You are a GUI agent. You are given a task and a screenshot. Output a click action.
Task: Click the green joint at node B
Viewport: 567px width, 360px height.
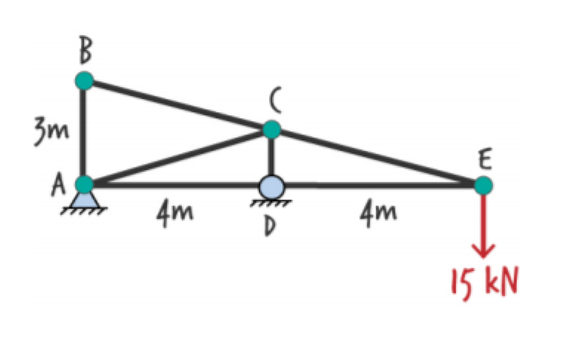(84, 80)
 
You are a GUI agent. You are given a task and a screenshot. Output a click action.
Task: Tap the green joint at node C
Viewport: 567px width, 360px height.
(272, 129)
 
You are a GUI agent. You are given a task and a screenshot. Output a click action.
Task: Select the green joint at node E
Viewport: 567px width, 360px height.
(483, 185)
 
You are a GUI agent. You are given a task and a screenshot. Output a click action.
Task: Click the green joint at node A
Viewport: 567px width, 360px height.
(85, 184)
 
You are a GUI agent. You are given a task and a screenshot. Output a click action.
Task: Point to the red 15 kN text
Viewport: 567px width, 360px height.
(484, 281)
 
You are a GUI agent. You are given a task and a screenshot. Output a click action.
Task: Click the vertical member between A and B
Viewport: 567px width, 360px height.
(84, 132)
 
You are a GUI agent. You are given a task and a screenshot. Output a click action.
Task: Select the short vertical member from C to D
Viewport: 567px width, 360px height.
(272, 154)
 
